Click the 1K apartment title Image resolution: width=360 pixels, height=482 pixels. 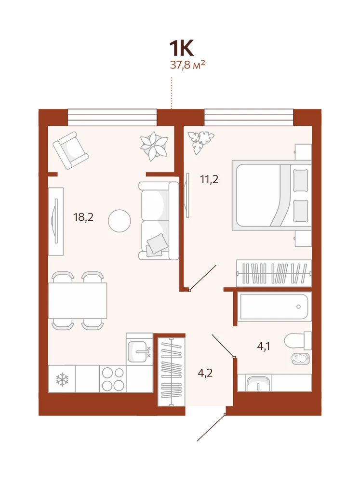coord(181,48)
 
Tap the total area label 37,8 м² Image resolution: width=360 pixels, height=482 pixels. coord(187,65)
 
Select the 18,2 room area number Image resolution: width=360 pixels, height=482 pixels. coord(83,217)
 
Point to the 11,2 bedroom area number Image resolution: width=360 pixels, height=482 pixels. coord(209,179)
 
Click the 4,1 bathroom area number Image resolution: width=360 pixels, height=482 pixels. coord(264,347)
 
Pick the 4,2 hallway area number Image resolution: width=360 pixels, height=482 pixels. coord(205,373)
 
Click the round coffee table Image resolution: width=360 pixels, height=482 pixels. coord(120,221)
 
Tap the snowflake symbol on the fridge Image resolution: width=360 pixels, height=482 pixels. coord(62,379)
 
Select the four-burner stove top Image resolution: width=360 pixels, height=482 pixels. coord(113,379)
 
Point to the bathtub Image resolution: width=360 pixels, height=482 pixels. coord(274,307)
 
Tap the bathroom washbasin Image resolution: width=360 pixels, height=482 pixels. coord(258,383)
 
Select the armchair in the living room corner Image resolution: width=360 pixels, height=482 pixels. coord(71,150)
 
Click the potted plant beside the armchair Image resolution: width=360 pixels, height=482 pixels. coord(154,146)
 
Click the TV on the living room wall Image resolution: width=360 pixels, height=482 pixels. coord(56,221)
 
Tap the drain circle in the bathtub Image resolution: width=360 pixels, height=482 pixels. coord(298,307)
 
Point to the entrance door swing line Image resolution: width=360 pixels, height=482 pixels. coord(211,428)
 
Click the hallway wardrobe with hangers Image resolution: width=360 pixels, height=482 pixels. coord(171,372)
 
